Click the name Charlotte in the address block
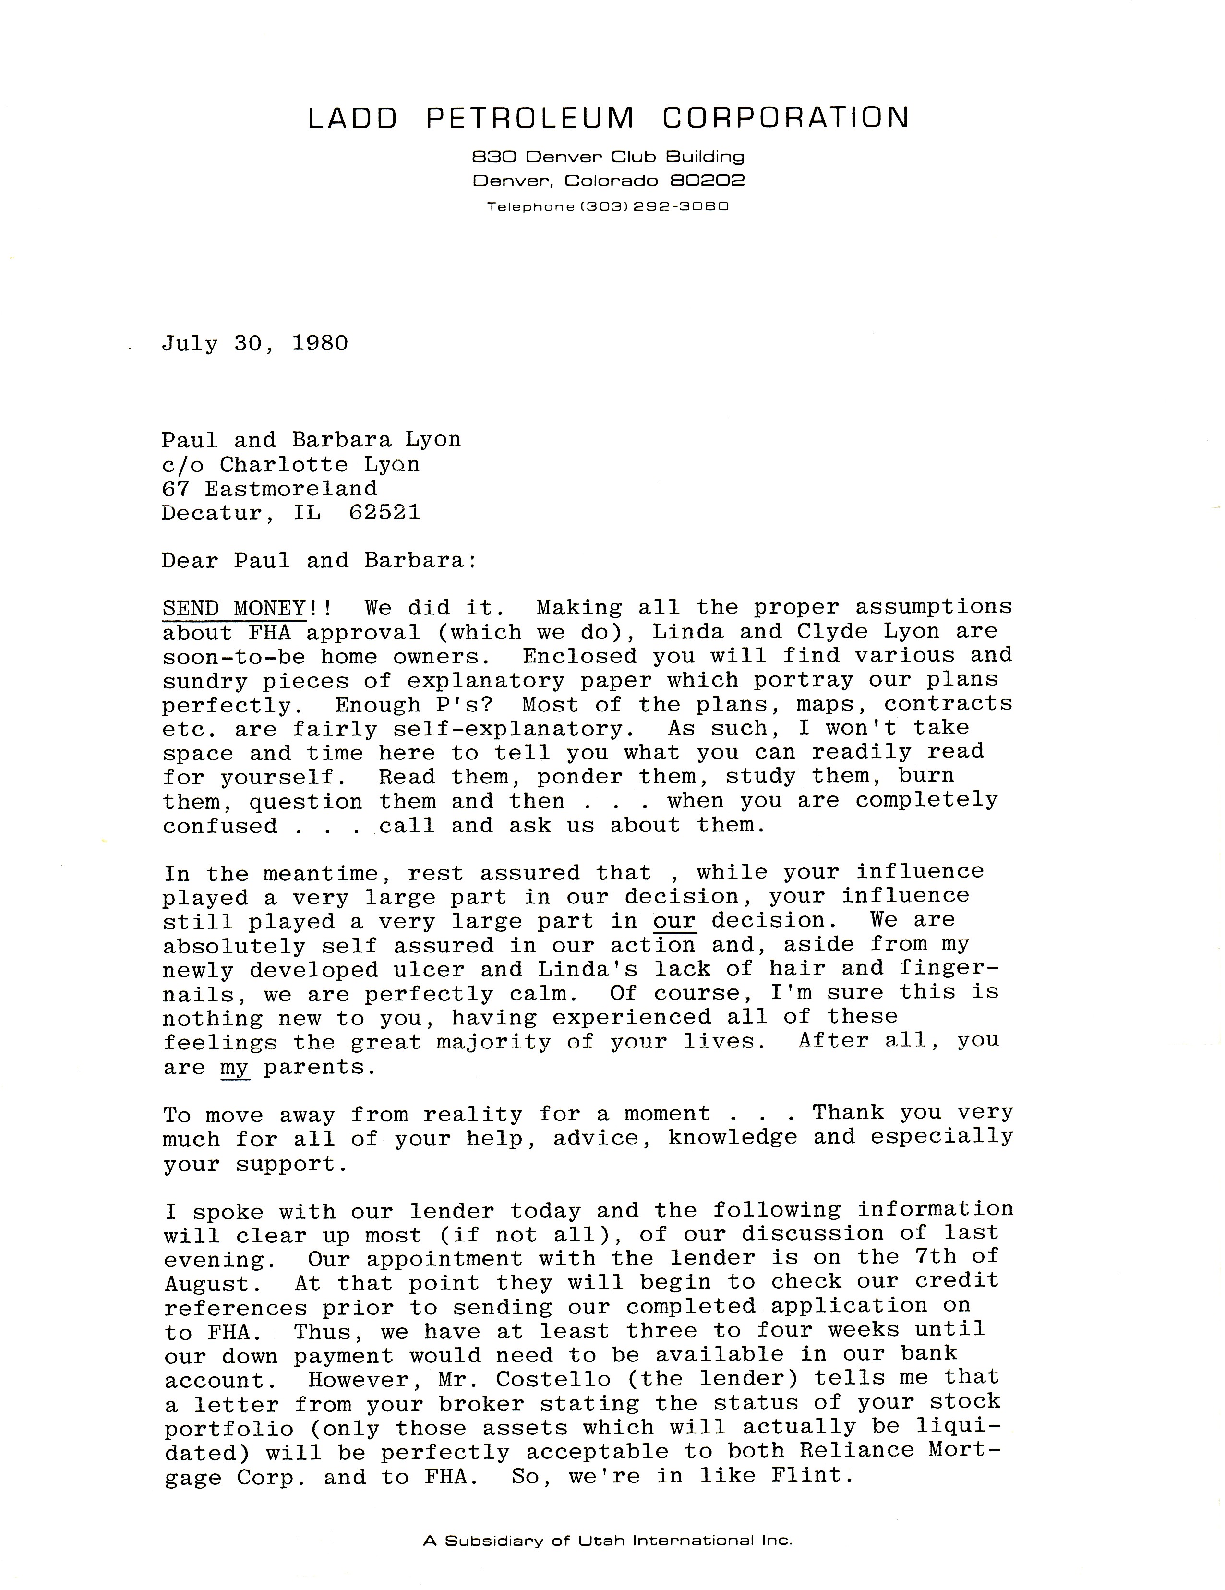pos(284,465)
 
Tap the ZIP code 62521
pos(384,513)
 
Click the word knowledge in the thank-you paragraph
pos(732,1138)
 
